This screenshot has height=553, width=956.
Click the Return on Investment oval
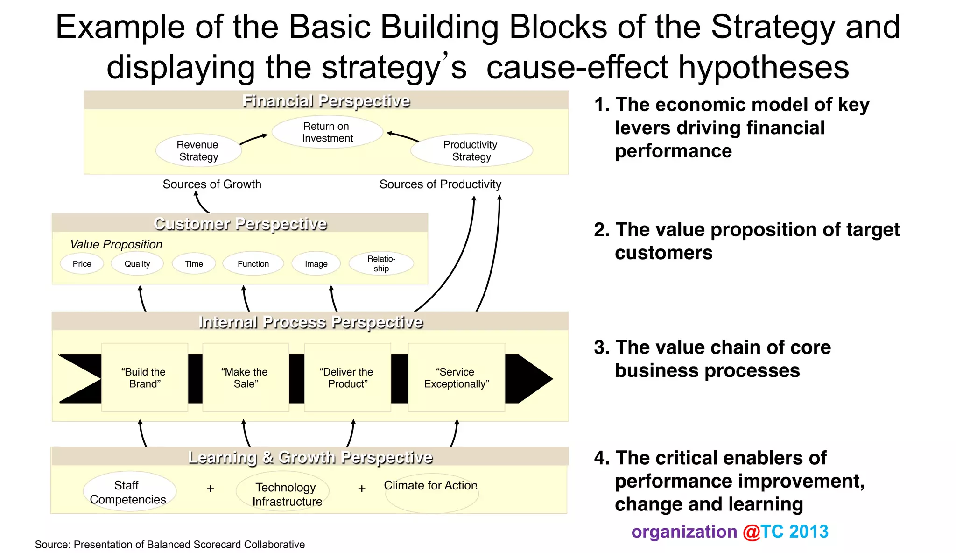tap(327, 132)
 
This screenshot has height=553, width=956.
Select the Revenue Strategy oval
tap(198, 150)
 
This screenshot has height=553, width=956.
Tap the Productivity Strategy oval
tap(471, 150)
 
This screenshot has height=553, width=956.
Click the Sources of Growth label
tap(212, 184)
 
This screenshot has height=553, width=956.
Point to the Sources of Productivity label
tap(440, 184)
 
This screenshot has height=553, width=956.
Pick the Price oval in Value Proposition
tap(82, 264)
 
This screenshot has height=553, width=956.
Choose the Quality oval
tap(137, 264)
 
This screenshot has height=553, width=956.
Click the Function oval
tap(253, 264)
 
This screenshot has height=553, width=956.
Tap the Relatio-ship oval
tap(381, 263)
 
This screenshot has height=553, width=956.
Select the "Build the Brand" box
tap(145, 377)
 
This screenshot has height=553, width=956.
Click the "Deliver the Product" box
tap(347, 377)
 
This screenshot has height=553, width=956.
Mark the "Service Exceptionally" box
tap(457, 377)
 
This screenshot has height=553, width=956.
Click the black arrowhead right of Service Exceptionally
tap(530, 379)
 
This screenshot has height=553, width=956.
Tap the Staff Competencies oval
tap(129, 492)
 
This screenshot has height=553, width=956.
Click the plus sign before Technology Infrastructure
tap(211, 489)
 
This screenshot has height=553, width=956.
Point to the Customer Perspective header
tap(240, 224)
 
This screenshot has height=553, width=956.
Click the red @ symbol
tap(752, 532)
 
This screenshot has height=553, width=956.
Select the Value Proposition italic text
tap(116, 244)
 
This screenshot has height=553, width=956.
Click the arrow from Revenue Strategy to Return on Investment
tap(253, 139)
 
